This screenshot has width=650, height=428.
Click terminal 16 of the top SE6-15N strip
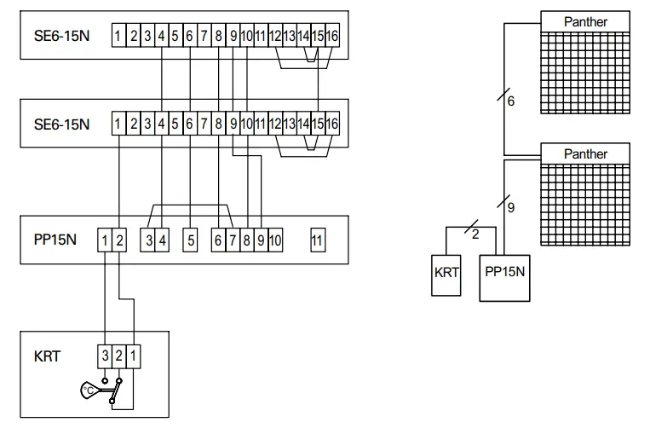coord(332,35)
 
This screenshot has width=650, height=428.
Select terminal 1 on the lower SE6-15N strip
coord(118,123)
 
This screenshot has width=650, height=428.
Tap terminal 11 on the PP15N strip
coord(318,240)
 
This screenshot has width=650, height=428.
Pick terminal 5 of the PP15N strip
coord(190,240)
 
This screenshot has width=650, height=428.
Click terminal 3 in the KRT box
coord(105,356)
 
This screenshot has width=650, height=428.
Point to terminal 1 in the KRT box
coord(133,356)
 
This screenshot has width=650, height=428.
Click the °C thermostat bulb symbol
coord(89,390)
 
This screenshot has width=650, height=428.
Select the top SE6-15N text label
coord(61,36)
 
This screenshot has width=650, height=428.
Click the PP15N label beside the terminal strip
coord(55,240)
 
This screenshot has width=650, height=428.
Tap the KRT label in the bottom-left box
coord(47,356)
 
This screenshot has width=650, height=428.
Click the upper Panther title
coord(585,21)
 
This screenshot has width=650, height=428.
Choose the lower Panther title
coord(585,153)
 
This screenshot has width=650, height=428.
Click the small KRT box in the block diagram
coord(446,275)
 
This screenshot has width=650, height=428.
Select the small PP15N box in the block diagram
coord(504,278)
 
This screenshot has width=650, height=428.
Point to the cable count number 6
coord(511,101)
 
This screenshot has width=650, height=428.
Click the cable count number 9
coord(511,207)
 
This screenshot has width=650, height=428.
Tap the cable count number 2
coord(475,234)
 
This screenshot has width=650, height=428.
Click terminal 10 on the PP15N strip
coord(275,240)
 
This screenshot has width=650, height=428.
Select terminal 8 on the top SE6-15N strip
coord(218,35)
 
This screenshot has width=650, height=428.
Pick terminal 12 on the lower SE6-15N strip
coord(275,123)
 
